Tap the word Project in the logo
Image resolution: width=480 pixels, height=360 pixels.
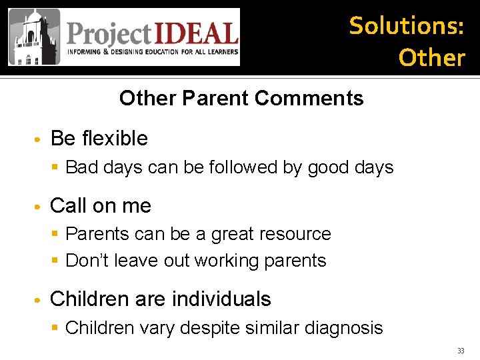pyautogui.click(x=109, y=33)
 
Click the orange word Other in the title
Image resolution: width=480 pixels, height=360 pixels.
pyautogui.click(x=431, y=57)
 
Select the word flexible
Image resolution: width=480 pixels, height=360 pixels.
pyautogui.click(x=114, y=138)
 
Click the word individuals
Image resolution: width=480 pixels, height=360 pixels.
pyautogui.click(x=221, y=299)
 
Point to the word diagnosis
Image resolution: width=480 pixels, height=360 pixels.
pyautogui.click(x=344, y=327)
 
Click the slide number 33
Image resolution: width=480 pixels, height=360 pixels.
pyautogui.click(x=461, y=351)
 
